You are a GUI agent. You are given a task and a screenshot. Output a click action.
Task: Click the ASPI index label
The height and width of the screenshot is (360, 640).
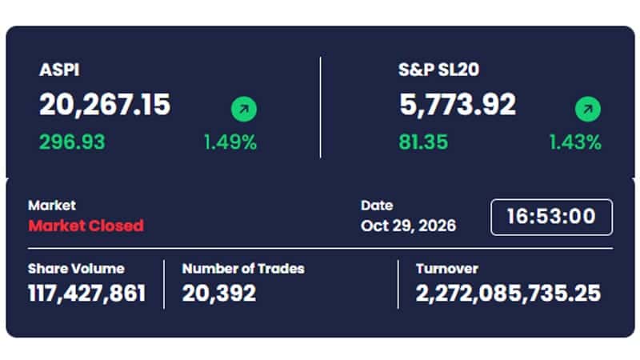[59, 70]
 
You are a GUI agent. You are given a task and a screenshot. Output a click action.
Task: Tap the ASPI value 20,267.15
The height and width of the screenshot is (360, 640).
[105, 105]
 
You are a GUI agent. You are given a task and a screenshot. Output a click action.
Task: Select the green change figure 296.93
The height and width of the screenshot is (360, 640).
[72, 142]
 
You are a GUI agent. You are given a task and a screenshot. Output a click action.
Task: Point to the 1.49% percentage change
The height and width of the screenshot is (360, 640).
[230, 142]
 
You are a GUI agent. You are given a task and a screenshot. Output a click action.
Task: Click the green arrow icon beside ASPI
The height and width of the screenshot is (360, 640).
[244, 109]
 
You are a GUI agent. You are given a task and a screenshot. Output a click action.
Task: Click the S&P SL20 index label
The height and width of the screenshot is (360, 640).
[438, 70]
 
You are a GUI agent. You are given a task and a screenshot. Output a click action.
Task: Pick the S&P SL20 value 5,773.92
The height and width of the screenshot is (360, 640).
[458, 105]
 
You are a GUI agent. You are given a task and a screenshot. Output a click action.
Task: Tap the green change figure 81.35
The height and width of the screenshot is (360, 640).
[423, 142]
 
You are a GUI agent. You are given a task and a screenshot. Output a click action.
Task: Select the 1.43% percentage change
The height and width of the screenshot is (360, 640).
[575, 142]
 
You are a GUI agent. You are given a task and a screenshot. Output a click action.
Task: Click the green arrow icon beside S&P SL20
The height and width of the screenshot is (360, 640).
[588, 109]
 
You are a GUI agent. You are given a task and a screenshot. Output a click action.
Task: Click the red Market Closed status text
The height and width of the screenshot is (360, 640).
[86, 226]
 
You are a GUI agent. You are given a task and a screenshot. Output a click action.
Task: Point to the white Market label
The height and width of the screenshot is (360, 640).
[52, 205]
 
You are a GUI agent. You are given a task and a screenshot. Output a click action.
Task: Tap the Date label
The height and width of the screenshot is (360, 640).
[377, 205]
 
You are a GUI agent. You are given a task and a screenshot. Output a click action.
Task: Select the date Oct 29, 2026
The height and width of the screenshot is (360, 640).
[408, 226]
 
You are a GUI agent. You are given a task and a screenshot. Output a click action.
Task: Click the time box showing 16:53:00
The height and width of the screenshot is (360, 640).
[551, 217]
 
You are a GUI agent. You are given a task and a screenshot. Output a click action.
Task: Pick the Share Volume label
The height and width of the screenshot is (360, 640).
[76, 269]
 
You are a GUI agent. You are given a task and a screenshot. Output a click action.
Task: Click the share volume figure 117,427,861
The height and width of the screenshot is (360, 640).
[87, 293]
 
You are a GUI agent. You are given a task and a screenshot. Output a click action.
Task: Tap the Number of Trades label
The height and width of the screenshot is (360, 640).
[243, 269]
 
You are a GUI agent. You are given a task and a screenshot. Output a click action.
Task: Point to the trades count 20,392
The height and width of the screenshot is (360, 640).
[219, 293]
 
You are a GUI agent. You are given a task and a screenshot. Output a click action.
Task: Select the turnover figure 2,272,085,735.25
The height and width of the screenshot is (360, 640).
[508, 293]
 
